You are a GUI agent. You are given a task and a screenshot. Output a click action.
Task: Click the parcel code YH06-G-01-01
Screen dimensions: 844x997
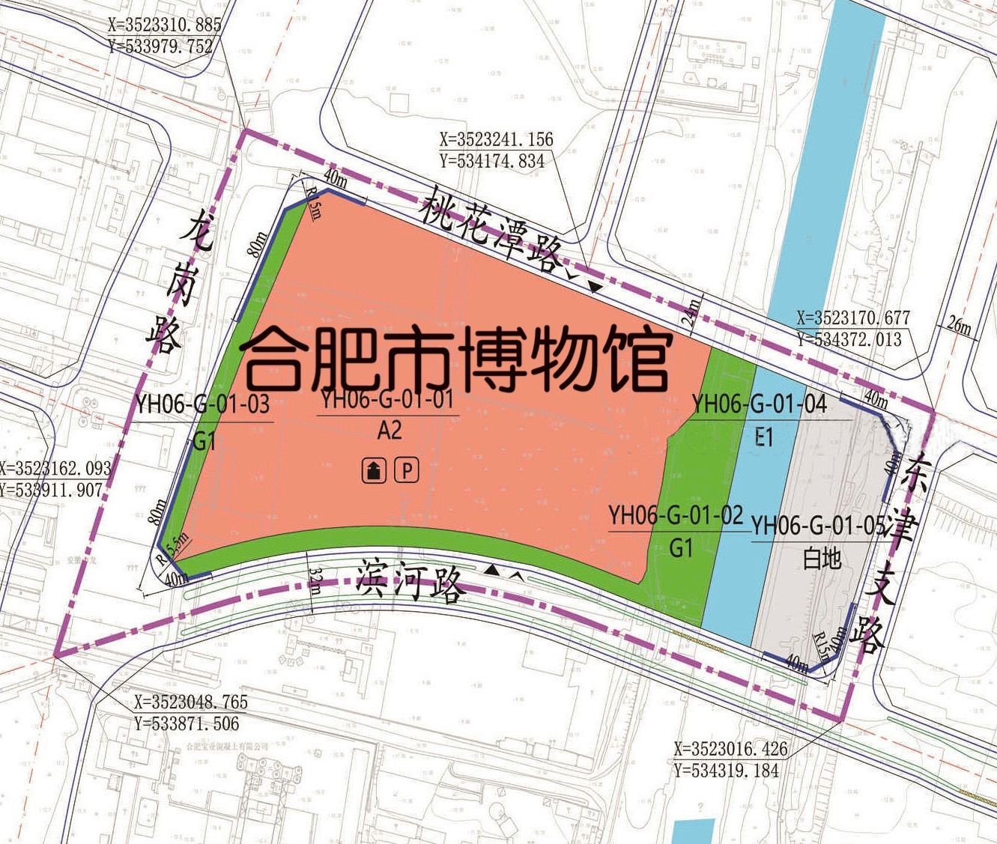(x=387, y=400)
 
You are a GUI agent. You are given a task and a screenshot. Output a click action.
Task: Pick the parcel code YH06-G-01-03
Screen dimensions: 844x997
(x=202, y=404)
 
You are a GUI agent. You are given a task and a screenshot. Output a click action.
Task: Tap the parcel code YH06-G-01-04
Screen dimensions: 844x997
(x=759, y=404)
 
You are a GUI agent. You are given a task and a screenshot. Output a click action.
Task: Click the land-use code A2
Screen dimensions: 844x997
(x=390, y=431)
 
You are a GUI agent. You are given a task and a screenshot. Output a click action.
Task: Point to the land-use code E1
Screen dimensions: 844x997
(x=763, y=437)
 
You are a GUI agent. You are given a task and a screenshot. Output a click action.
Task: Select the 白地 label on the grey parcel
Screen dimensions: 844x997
(x=822, y=559)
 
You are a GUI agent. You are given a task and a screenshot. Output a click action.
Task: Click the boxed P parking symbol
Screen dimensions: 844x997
(x=407, y=470)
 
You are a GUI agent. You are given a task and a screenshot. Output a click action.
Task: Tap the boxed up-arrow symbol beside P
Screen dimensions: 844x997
(x=374, y=470)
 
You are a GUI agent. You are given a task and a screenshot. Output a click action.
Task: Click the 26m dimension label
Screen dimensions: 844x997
(x=959, y=326)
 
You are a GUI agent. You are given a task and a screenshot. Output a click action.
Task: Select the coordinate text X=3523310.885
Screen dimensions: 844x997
(x=165, y=25)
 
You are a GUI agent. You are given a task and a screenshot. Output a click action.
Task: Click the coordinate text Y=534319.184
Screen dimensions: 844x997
(x=727, y=770)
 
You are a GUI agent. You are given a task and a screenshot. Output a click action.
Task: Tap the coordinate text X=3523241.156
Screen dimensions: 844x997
(x=496, y=139)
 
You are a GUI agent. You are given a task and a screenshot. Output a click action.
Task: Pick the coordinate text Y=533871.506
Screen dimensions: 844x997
(x=187, y=723)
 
